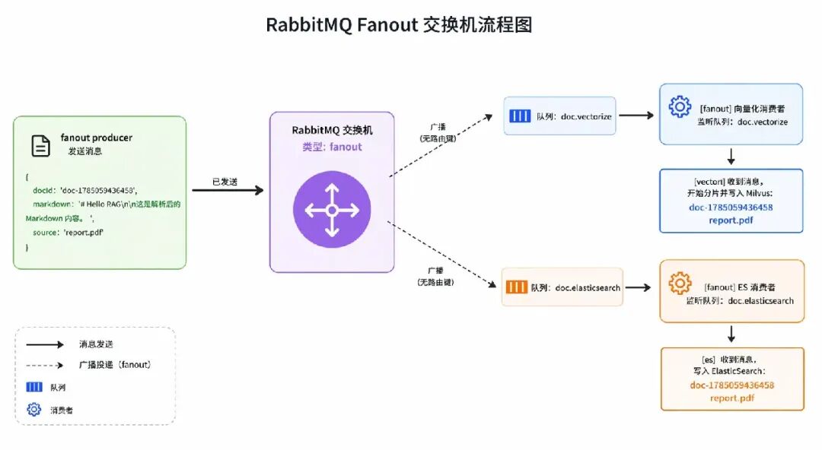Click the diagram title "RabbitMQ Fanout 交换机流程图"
tap(399, 24)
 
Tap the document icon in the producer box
tap(41, 146)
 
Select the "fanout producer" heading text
tap(97, 138)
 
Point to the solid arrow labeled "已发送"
tap(228, 190)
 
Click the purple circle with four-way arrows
tap(332, 210)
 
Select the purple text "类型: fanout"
tap(332, 147)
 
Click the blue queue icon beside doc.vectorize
tap(520, 116)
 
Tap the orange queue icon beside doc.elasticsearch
tap(516, 287)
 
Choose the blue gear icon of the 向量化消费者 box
tap(680, 107)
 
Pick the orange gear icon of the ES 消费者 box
tap(680, 284)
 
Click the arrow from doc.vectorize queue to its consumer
tap(636, 116)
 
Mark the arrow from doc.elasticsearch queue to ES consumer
tap(638, 287)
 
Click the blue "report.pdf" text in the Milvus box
tap(731, 220)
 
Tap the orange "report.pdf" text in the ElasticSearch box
tap(732, 398)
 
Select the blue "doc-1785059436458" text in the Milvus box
tap(731, 208)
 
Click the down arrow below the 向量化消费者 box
tap(731, 157)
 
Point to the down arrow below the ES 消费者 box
tap(731, 334)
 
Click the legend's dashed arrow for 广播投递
tap(45, 365)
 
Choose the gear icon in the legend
tap(34, 409)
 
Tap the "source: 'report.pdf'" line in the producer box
tap(68, 233)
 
